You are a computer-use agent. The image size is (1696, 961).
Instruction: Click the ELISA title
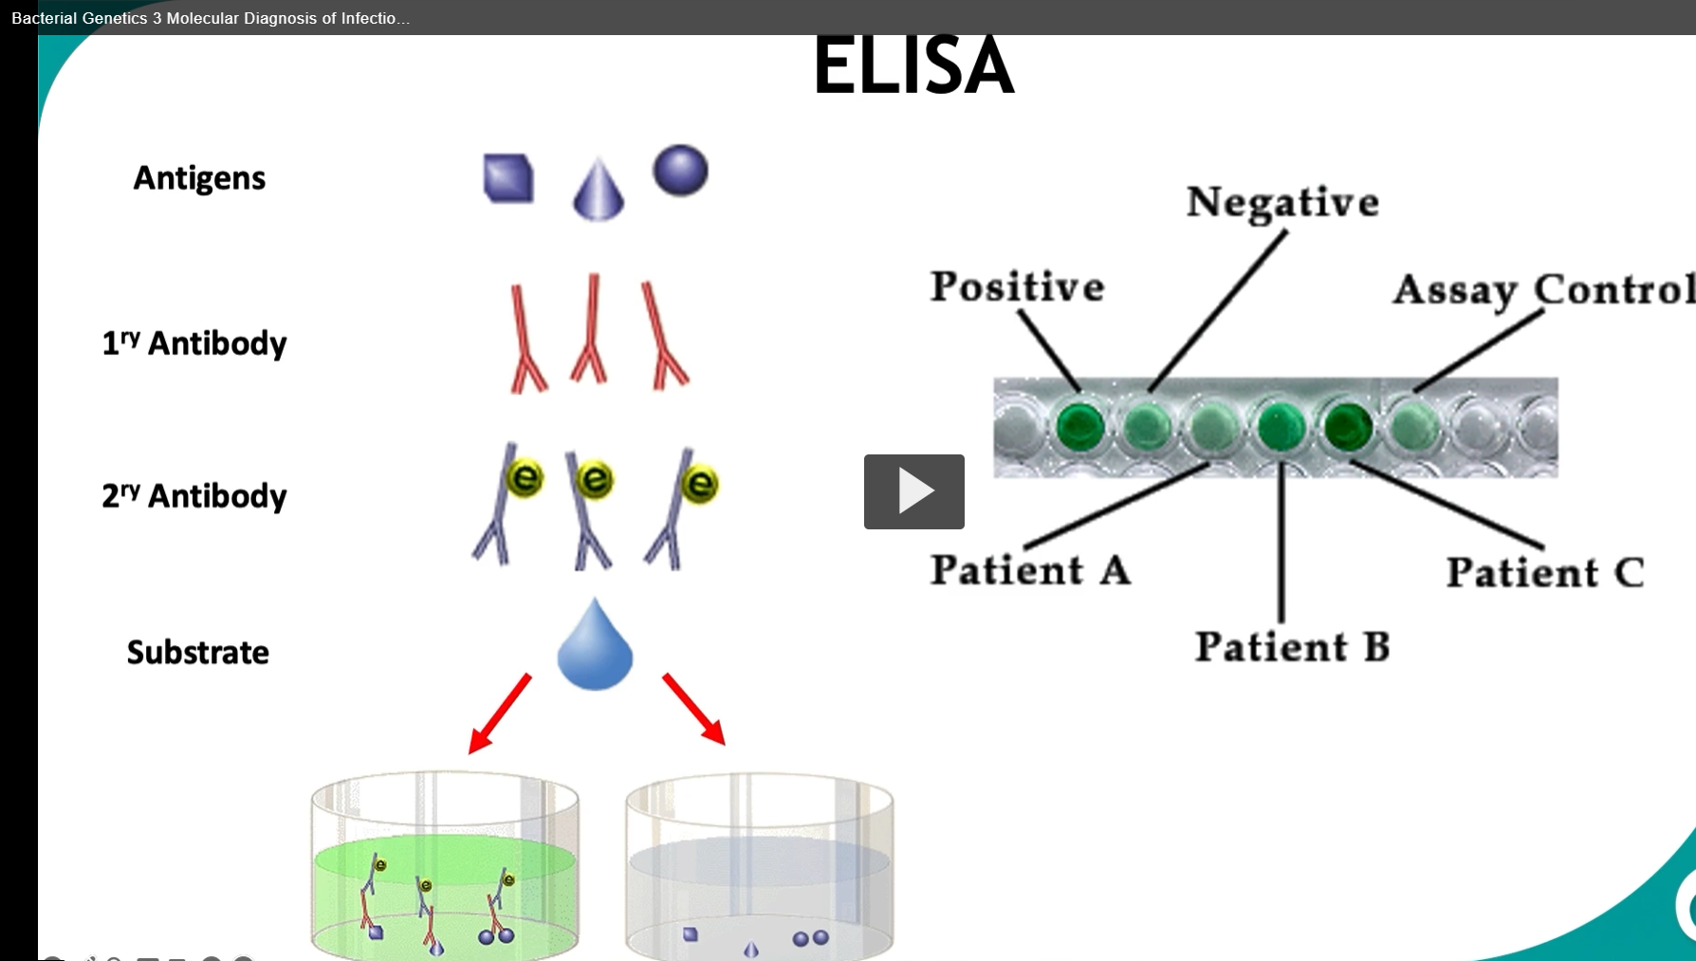(913, 65)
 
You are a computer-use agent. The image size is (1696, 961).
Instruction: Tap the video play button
(913, 491)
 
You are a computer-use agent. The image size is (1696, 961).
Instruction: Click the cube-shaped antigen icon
(508, 178)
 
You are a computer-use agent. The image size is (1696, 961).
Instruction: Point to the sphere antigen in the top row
(680, 171)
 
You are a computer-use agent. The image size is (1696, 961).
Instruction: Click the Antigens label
(199, 178)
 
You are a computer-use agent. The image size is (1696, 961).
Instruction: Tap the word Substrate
(198, 653)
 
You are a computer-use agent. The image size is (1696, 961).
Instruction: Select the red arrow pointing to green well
(500, 713)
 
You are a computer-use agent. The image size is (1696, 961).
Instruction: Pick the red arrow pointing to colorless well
(694, 710)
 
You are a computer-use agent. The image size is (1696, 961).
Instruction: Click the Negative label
(1282, 202)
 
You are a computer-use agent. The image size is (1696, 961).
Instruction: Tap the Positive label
(1017, 286)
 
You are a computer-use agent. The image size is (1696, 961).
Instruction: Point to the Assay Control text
(1542, 289)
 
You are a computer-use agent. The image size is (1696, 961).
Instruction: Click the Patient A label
(1030, 570)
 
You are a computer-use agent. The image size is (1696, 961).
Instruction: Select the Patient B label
(1292, 647)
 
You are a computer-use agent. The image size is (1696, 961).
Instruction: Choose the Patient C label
(1544, 572)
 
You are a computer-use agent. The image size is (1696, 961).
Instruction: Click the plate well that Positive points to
(1079, 427)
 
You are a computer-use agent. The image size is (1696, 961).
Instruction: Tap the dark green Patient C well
(1348, 427)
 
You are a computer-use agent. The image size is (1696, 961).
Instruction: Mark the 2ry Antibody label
(194, 496)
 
